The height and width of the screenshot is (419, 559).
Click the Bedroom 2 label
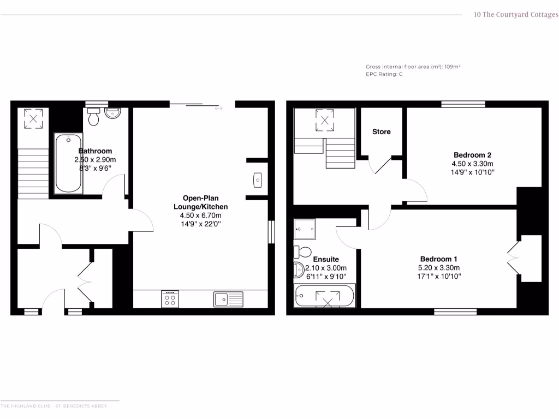[472, 154]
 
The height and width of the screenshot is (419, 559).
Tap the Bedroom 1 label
[439, 259]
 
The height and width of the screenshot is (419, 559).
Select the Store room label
[382, 132]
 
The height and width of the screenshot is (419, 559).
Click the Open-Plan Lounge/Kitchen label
[200, 202]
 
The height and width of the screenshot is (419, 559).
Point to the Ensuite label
[326, 259]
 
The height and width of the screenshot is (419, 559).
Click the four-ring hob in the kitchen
[170, 299]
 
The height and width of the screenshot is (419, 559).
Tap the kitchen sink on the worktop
[228, 299]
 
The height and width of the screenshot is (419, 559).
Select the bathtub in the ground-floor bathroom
[68, 163]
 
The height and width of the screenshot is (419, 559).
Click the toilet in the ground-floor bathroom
[93, 117]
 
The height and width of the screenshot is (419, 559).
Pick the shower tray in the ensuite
[305, 229]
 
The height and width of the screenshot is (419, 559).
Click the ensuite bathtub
[324, 297]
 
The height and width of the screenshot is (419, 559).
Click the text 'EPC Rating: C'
[384, 74]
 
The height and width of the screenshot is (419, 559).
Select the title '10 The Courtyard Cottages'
[516, 15]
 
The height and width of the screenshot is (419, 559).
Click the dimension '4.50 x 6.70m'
[200, 216]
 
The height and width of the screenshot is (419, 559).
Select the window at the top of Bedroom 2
[463, 104]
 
